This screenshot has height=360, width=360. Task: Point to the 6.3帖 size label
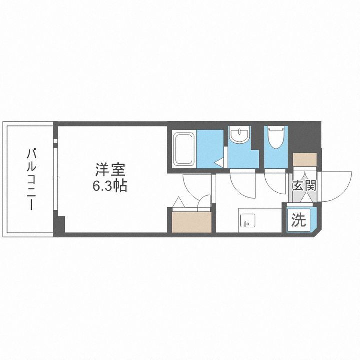pyautogui.click(x=109, y=187)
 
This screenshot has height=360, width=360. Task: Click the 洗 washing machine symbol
pyautogui.click(x=298, y=220)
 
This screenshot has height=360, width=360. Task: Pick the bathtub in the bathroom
pyautogui.click(x=184, y=148)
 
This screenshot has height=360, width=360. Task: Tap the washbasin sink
pyautogui.click(x=242, y=136)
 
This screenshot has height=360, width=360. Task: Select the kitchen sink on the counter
pyautogui.click(x=247, y=220)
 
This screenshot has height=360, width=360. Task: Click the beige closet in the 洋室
pyautogui.click(x=192, y=222)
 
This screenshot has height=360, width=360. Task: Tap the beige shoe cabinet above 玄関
pyautogui.click(x=304, y=159)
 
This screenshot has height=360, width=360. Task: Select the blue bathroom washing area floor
pyautogui.click(x=209, y=148)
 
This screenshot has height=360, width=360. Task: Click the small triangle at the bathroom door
pyautogui.click(x=219, y=162)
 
